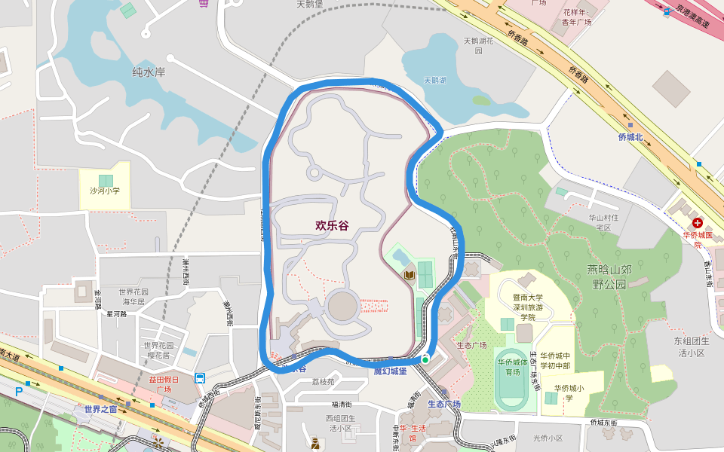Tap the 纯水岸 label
coord(149,72)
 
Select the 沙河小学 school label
coord(105,191)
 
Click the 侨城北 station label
coord(630,137)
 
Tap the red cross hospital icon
coord(698,223)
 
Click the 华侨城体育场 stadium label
coord(513,366)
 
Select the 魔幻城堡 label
coord(390,371)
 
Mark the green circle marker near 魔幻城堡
coord(425,360)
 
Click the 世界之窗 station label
coord(100,409)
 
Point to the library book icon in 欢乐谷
coord(410,276)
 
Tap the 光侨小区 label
coord(548,438)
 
